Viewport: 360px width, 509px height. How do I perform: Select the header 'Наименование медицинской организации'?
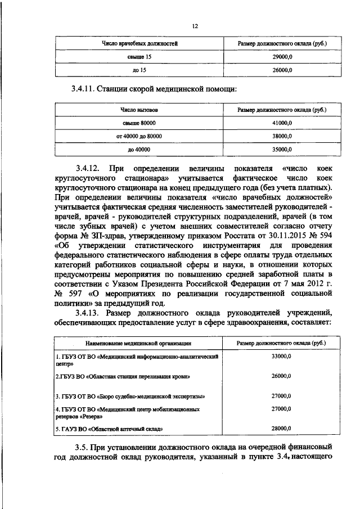click(138, 343)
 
